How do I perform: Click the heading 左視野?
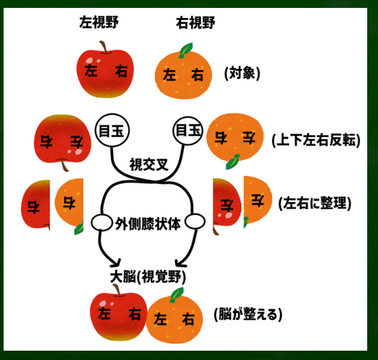pyautogui.click(x=99, y=22)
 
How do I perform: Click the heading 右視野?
pyautogui.click(x=195, y=23)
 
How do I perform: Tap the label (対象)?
pyautogui.click(x=242, y=73)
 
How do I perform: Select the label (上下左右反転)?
pyautogui.click(x=315, y=140)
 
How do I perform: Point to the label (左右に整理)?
pyautogui.click(x=315, y=203)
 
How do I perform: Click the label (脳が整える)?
pyautogui.click(x=248, y=314)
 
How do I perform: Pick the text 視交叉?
pyautogui.click(x=149, y=165)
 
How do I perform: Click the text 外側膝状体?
pyautogui.click(x=148, y=223)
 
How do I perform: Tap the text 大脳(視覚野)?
pyautogui.click(x=148, y=277)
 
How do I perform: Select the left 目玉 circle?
pyautogui.click(x=112, y=130)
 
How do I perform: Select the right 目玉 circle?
pyautogui.click(x=188, y=131)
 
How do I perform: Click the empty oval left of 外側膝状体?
pyautogui.click(x=101, y=222)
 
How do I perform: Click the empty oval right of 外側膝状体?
pyautogui.click(x=195, y=221)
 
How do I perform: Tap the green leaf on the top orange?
pyautogui.click(x=186, y=50)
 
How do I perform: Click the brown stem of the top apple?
pyautogui.click(x=104, y=47)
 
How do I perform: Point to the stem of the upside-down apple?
pyautogui.click(x=64, y=165)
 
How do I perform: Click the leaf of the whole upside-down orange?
pyautogui.click(x=232, y=162)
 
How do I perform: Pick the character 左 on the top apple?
pyautogui.click(x=91, y=70)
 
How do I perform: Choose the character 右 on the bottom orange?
pyautogui.click(x=188, y=319)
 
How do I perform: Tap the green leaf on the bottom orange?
pyautogui.click(x=177, y=295)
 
